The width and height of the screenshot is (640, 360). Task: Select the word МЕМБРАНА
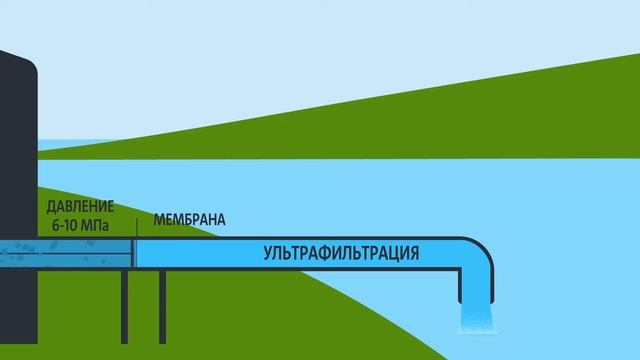189,219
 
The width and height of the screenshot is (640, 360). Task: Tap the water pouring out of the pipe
473,319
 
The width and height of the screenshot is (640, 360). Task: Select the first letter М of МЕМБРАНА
158,219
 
